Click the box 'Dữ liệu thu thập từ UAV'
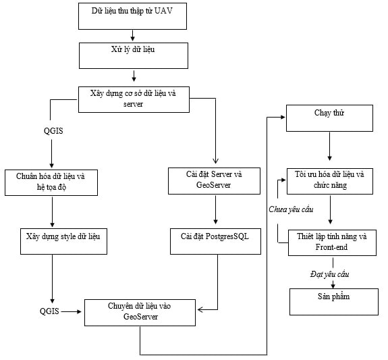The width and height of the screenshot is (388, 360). point(132,16)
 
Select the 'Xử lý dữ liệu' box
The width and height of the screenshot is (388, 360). point(134,56)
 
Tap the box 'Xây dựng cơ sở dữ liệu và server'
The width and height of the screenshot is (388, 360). point(134,99)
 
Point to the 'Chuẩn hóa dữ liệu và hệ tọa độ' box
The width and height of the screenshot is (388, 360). point(51,182)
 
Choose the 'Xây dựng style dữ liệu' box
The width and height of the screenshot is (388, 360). point(63,241)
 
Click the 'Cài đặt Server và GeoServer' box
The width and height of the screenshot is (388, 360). point(214,181)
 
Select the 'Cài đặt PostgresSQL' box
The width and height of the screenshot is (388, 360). point(215,241)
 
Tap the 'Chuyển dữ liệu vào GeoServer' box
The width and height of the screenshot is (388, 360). point(140,313)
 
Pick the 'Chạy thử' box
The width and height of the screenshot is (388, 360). point(329,118)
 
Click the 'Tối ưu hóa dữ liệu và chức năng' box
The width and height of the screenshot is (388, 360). point(330,181)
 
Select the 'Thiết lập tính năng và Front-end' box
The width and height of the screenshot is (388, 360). point(332,242)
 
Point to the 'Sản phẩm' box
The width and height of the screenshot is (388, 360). point(334,302)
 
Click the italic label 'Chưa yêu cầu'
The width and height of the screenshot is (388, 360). point(291,209)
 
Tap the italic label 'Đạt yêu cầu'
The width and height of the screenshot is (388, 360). point(329,274)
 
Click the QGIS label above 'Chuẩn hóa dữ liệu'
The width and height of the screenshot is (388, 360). point(53,131)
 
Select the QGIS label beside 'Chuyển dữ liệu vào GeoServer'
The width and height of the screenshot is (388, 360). point(49,311)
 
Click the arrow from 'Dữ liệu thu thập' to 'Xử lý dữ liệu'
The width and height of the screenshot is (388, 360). point(133,35)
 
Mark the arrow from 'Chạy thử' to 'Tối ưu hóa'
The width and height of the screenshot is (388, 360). point(329,147)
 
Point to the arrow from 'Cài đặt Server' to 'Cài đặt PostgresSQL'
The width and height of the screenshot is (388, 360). point(215,210)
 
